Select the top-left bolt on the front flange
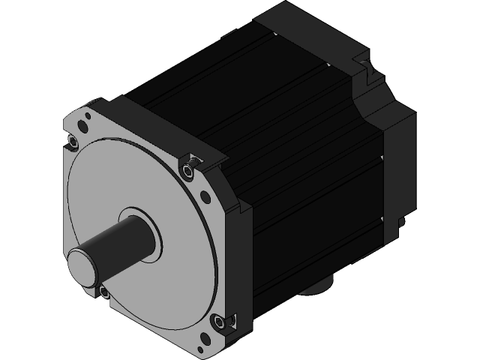tap(73, 141)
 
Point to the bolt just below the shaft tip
tap(103, 291)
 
